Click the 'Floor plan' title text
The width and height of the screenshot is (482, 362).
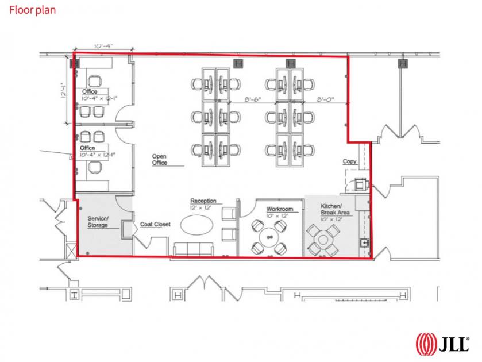[32, 10]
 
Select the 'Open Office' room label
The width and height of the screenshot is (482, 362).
[160, 160]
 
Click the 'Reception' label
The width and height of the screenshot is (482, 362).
[203, 201]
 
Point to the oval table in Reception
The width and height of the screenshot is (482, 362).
[196, 225]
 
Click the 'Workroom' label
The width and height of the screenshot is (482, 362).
[280, 209]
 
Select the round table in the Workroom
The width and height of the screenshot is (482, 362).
[269, 237]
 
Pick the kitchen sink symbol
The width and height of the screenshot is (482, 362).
[365, 242]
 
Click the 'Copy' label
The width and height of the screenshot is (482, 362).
[349, 161]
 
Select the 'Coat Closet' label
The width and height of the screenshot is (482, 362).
[155, 224]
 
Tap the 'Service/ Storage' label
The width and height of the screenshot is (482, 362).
[98, 222]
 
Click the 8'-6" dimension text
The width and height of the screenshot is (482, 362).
[253, 99]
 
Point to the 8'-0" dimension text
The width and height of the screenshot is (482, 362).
[326, 99]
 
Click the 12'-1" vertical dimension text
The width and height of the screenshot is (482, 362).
[64, 90]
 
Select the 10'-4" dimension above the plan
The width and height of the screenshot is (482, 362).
[103, 46]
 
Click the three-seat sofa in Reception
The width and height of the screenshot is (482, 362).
[194, 249]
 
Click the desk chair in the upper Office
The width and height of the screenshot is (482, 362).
[94, 81]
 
